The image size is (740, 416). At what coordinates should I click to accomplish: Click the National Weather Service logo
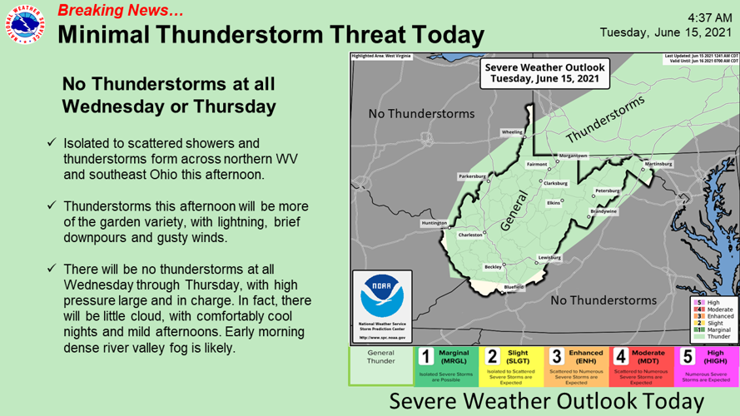27,26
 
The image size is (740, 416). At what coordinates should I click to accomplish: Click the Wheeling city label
512,132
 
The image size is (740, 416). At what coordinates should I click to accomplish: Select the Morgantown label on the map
574,156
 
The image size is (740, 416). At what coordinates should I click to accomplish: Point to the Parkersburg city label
471,176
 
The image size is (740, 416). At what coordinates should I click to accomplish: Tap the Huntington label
435,222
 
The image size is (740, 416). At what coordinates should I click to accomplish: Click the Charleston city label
472,235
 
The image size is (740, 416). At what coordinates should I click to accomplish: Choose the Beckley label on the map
494,267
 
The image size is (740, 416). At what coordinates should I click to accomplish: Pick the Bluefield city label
514,287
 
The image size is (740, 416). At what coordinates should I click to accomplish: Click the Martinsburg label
658,164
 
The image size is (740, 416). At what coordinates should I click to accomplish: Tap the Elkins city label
553,203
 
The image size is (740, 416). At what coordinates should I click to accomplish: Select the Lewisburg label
549,258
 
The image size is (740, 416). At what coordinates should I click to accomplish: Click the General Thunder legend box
380,366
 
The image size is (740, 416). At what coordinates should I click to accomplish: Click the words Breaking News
121,11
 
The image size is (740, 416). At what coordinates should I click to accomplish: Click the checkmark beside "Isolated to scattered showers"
52,143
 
